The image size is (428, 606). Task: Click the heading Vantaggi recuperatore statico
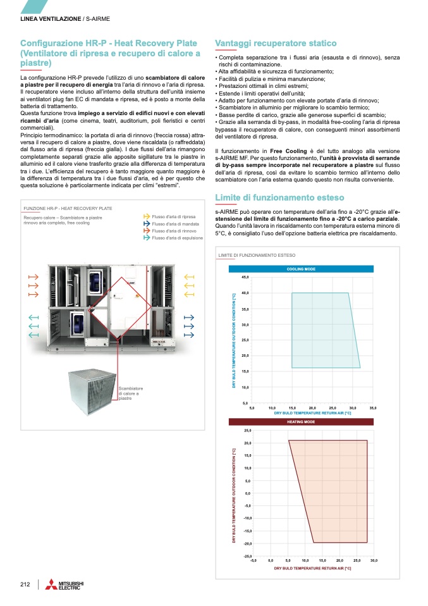pos(276,43)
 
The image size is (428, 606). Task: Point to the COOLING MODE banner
pos(301,269)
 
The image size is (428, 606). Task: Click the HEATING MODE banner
pos(301,421)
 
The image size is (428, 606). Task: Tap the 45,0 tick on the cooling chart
pos(245,277)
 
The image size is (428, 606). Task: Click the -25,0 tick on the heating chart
pos(247,555)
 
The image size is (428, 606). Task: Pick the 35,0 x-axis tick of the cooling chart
pos(372,407)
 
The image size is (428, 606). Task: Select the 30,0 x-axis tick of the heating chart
pos(374,560)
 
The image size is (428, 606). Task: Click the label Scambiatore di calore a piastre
pos(131,393)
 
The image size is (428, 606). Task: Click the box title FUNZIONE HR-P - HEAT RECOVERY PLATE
pos(68,207)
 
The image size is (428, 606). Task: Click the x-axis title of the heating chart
pos(312,569)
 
